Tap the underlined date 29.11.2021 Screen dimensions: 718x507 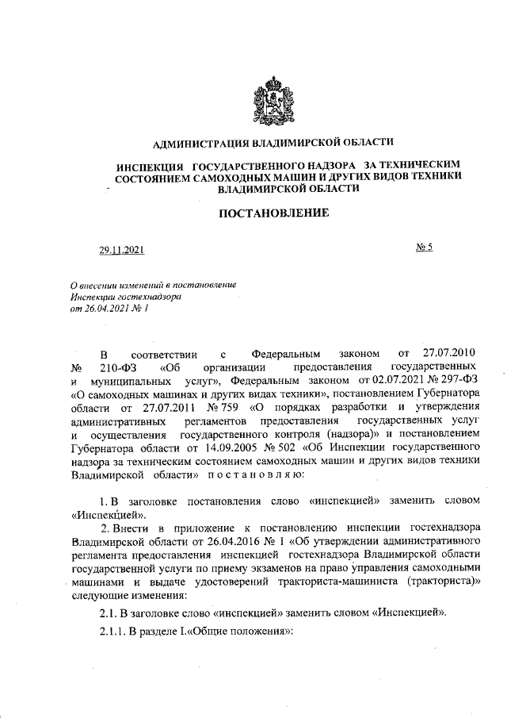tap(121, 251)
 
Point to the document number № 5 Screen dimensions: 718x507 tap(423, 248)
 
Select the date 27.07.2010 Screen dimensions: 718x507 tap(449, 351)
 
